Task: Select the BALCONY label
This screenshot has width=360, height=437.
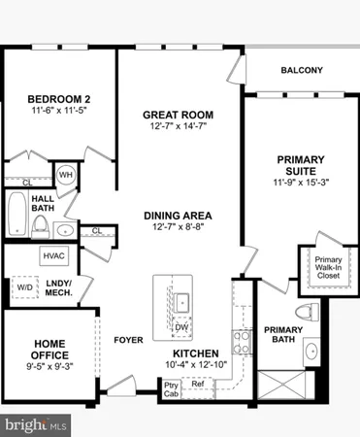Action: point(301,70)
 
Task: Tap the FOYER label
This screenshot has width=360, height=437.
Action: point(128,340)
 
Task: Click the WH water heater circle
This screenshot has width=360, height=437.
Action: point(67,174)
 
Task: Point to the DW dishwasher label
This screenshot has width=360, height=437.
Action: point(181,327)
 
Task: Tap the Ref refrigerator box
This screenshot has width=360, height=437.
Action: point(198,385)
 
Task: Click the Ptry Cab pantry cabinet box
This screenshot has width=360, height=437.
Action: point(171,387)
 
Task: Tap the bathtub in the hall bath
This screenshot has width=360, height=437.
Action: point(16,216)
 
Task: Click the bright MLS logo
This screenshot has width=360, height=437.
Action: point(36,424)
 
